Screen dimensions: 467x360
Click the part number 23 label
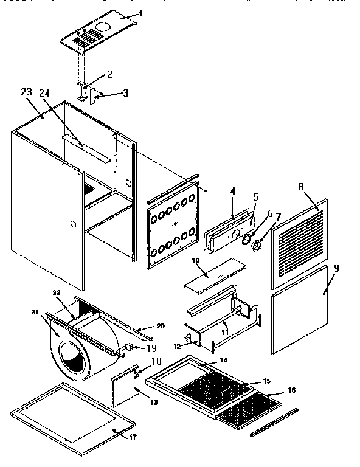click(x=26, y=92)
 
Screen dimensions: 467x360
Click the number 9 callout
click(x=337, y=267)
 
